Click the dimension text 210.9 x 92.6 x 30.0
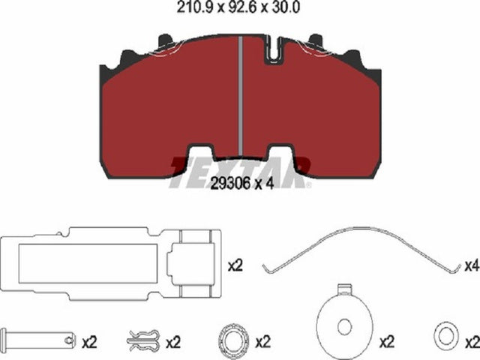click(238, 7)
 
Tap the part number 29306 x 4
click(242, 183)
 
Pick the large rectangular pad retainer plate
click(111, 263)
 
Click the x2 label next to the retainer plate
click(235, 265)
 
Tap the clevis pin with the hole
click(38, 338)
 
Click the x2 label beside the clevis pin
click(89, 342)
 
